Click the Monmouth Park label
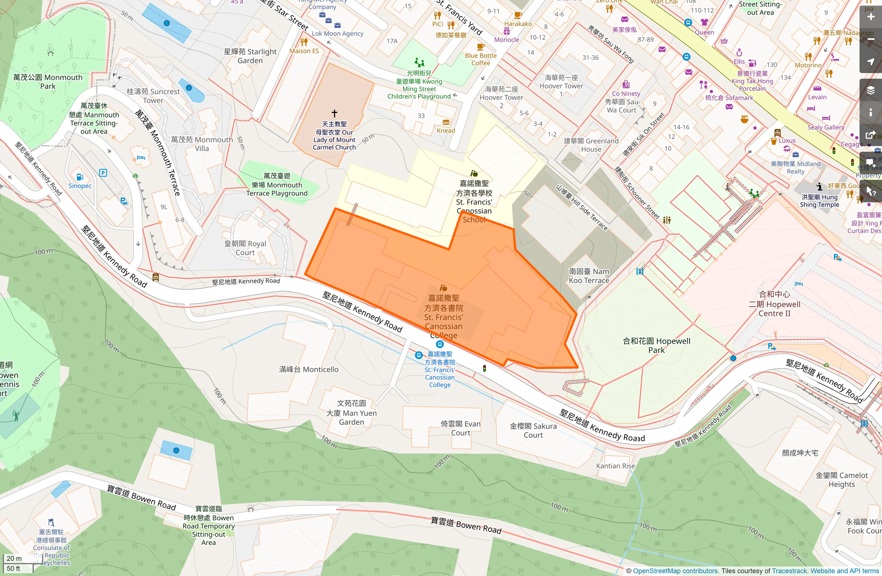click(x=47, y=82)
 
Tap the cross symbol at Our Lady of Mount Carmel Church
click(x=334, y=113)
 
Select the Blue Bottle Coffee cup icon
click(x=480, y=47)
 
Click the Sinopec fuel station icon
click(x=80, y=177)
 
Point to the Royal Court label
click(x=245, y=248)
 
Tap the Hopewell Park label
click(x=656, y=346)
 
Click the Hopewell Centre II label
click(x=774, y=304)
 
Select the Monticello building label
click(x=309, y=369)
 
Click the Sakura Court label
click(x=533, y=430)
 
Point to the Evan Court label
click(x=461, y=428)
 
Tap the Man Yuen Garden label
click(x=352, y=413)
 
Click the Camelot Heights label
click(x=842, y=480)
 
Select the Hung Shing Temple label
click(x=819, y=201)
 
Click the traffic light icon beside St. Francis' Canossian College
click(x=485, y=369)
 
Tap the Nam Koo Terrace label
click(x=589, y=276)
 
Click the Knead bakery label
click(x=446, y=131)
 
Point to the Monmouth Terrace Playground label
click(x=277, y=185)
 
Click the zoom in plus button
click(x=870, y=17)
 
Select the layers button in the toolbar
click(x=870, y=90)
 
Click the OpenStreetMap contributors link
click(x=675, y=571)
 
